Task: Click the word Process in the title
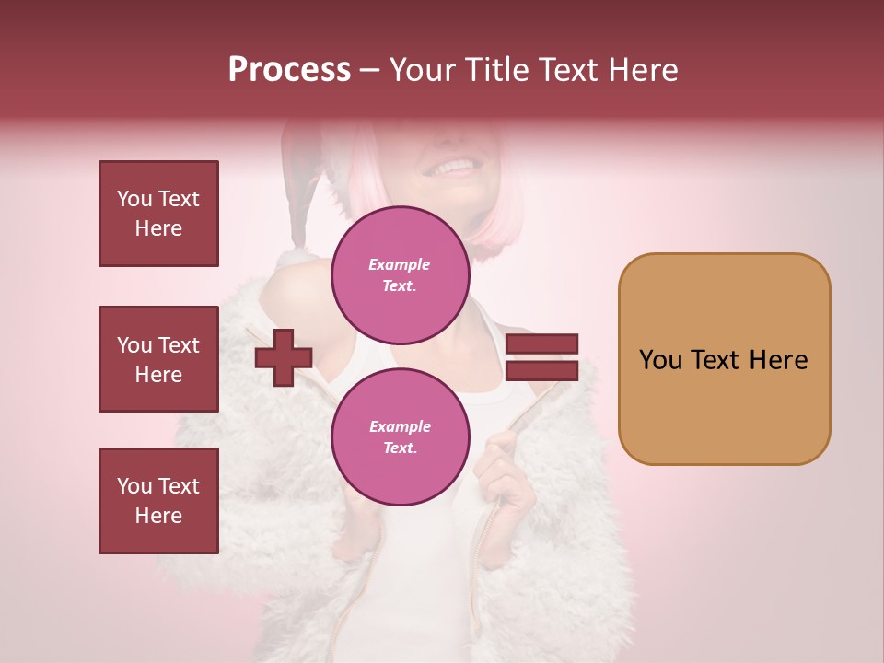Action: [x=289, y=70]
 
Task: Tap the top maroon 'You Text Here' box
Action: [x=158, y=214]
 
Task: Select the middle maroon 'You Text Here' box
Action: [x=158, y=359]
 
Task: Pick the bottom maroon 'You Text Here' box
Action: [x=158, y=500]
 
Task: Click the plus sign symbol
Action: [x=284, y=357]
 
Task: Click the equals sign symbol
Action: [x=542, y=357]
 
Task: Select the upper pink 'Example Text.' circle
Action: [x=400, y=274]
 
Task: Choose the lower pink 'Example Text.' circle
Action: [x=400, y=436]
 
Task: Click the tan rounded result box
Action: [x=724, y=359]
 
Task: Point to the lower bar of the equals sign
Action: [x=542, y=370]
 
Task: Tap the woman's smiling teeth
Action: [x=454, y=168]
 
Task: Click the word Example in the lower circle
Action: [x=400, y=426]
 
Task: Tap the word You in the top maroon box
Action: [x=134, y=199]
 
